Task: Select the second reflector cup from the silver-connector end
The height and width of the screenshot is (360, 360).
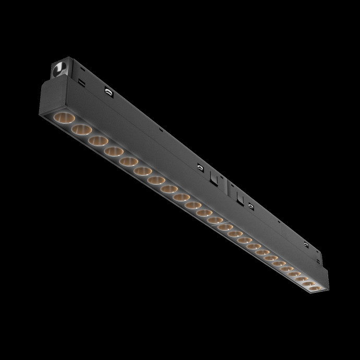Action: [82, 128]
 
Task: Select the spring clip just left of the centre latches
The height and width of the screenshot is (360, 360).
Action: [200, 168]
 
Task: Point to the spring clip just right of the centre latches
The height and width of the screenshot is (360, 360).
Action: [251, 207]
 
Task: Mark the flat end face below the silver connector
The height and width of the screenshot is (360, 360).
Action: [47, 101]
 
